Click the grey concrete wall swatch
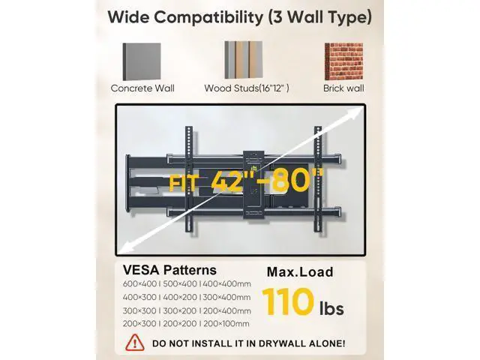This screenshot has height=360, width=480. tap(142, 61)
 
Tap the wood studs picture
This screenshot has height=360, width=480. tap(243, 60)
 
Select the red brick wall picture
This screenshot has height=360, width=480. tap(343, 61)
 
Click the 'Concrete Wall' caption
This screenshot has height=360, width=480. tap(142, 88)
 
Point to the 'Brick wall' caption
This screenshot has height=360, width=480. tap(343, 88)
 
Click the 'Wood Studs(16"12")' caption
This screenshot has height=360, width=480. tap(247, 88)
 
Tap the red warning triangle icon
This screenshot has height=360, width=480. tap(135, 342)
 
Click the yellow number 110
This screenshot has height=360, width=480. tap(288, 301)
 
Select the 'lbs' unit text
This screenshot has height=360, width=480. tap(331, 308)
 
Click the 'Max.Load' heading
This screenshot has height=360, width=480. tap(300, 272)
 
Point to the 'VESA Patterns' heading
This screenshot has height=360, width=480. tap(169, 270)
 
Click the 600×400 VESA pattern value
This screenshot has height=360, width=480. tap(139, 283)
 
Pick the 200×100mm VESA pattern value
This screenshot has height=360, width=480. tap(226, 323)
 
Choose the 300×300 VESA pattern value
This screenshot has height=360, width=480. tap(139, 310)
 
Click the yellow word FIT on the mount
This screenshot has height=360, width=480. tap(183, 183)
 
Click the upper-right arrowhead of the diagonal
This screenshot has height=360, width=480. tap(357, 112)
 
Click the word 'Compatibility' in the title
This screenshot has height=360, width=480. tap(208, 17)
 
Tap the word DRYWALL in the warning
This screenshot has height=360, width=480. tap(282, 343)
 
